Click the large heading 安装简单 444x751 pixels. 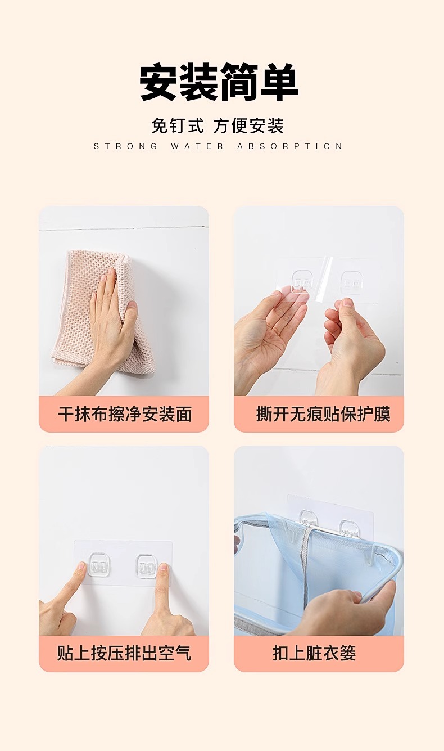pos(219,82)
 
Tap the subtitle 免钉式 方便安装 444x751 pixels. pos(218,125)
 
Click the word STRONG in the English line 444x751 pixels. pos(125,146)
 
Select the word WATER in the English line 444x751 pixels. pos(197,146)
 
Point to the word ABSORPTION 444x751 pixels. pos(289,146)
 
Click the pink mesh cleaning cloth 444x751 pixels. pos(104,310)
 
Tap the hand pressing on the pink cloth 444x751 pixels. pos(111,322)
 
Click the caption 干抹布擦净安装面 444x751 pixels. pos(125,415)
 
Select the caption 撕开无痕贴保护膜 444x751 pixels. pos(323,415)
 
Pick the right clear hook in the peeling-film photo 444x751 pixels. pos(352,281)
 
